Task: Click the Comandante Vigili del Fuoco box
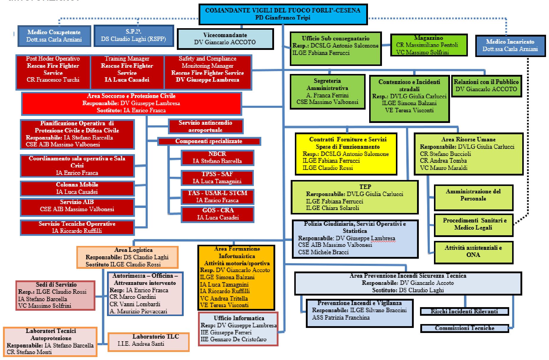282,14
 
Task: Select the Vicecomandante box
225,39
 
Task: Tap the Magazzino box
428,45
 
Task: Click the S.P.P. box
133,36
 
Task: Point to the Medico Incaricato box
510,45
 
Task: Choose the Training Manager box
127,69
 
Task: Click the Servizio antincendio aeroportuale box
205,126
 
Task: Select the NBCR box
217,157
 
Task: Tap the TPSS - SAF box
217,178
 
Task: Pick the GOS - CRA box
218,214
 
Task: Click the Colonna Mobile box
77,188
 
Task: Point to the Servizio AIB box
77,206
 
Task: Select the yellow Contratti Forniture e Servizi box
346,154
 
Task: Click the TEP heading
365,187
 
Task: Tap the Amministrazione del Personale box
473,197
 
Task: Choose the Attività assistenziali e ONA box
473,252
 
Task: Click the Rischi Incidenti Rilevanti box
464,311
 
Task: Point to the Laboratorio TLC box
148,342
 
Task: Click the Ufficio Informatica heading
239,318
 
